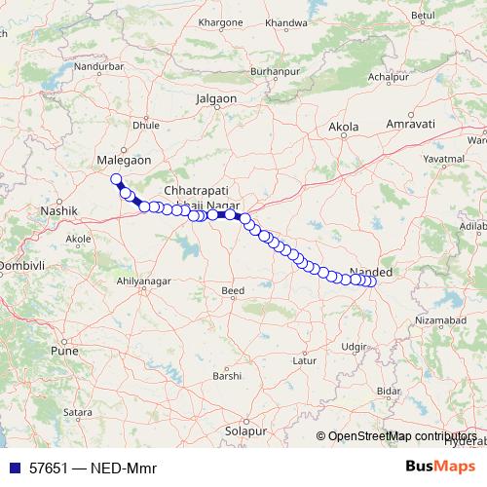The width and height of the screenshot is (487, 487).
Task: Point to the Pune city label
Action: (63, 349)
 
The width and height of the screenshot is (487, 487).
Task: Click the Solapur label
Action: (244, 430)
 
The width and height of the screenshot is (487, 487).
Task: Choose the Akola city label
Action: (344, 127)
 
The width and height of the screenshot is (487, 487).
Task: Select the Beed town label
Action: (233, 290)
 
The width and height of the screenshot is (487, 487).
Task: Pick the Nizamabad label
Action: (441, 318)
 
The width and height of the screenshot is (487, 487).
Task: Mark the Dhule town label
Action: (145, 126)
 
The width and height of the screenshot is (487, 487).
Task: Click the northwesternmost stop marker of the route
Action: (116, 178)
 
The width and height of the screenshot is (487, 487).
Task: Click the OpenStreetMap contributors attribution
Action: (402, 437)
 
